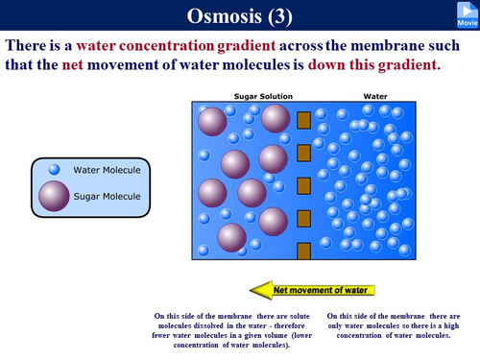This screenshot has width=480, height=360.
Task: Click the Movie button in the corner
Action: click(466, 14)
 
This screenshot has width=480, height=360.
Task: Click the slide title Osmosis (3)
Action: click(239, 15)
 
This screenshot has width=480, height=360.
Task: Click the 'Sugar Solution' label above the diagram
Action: click(264, 96)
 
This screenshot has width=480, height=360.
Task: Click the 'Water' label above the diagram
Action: click(375, 96)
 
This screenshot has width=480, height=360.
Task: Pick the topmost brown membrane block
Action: click(304, 120)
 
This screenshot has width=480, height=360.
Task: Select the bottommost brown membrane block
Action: click(304, 252)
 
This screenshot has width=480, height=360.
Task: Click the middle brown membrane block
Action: click(304, 185)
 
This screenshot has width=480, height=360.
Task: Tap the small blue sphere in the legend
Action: click(55, 170)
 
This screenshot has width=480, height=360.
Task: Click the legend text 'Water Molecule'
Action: click(107, 170)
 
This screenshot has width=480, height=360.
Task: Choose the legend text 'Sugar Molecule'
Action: click(107, 196)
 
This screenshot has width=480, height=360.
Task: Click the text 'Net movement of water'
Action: click(321, 288)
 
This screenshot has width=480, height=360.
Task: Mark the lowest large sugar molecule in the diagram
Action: click(232, 237)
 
